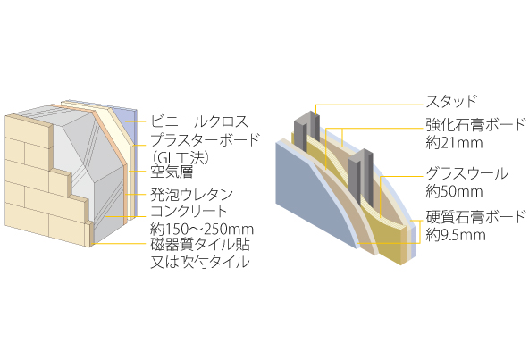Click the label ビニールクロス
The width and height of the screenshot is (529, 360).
(199, 121)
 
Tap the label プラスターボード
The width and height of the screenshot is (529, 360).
(205, 139)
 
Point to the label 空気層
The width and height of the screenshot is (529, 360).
(172, 172)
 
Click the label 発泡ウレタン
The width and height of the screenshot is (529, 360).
(191, 194)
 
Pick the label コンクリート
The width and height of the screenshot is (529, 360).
(189, 211)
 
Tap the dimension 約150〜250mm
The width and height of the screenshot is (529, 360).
(202, 230)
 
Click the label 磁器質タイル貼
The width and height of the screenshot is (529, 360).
(200, 244)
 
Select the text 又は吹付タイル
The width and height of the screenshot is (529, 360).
(200, 262)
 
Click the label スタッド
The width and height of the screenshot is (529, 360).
(451, 101)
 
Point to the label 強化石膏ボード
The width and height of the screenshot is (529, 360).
(475, 124)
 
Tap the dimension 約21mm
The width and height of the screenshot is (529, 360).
(454, 143)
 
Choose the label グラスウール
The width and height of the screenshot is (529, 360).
(467, 173)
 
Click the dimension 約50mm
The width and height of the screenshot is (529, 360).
(454, 191)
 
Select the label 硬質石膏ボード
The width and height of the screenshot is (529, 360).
(475, 217)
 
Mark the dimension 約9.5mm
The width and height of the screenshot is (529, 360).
(456, 235)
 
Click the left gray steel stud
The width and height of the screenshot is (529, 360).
(306, 130)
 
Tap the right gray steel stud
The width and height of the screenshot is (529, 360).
(360, 175)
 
